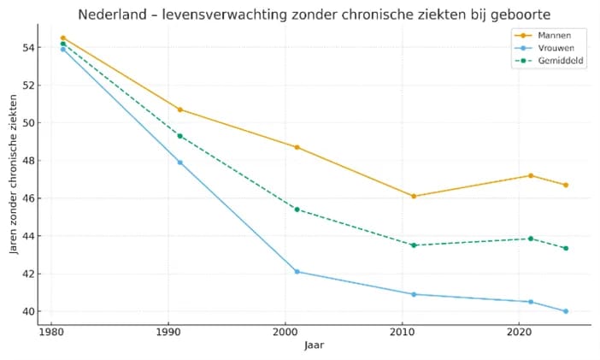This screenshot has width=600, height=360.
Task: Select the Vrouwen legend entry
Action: tap(550, 48)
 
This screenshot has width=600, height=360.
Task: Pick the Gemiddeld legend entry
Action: tap(554, 61)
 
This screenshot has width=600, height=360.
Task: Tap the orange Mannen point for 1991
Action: tap(180, 109)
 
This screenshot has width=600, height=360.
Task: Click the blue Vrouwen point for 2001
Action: tap(297, 271)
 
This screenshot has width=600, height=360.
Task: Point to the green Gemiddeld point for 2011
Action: tap(414, 245)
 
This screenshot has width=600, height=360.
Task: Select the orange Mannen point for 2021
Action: tap(531, 175)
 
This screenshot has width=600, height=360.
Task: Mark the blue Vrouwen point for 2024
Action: tap(566, 311)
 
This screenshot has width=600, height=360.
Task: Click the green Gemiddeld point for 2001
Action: tap(297, 209)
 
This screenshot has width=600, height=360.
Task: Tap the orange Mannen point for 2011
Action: tap(414, 196)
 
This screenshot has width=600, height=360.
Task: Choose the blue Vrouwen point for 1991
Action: tap(180, 162)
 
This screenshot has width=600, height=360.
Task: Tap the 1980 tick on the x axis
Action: tap(51, 330)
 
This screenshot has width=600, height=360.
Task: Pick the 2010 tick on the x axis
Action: tap(402, 330)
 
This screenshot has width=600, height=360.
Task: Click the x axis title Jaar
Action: tap(314, 345)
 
